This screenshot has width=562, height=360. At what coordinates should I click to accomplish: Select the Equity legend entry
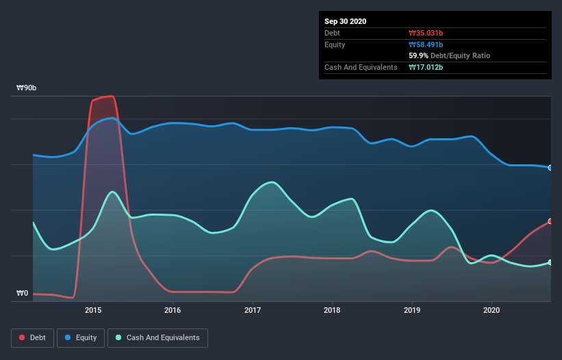coord(81,337)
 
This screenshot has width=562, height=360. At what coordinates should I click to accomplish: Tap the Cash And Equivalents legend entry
coord(157,337)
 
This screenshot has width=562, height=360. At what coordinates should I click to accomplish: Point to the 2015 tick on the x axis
coord(93,310)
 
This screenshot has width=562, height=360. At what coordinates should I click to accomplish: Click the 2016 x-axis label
coord(173,310)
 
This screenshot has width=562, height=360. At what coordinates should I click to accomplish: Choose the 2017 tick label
coord(253,310)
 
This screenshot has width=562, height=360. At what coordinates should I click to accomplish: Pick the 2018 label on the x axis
coord(332,310)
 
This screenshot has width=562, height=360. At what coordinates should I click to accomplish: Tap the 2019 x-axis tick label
coord(412,310)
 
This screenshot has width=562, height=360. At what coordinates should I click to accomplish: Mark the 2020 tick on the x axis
coord(491,310)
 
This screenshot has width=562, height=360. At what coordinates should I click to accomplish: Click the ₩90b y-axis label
coord(27,88)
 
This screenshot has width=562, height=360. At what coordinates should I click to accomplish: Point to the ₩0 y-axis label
coord(23,294)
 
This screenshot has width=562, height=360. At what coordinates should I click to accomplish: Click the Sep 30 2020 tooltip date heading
coord(345,21)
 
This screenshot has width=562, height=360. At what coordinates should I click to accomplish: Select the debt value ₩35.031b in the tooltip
coord(426,33)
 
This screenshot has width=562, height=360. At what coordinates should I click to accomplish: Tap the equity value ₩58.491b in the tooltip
coord(426,44)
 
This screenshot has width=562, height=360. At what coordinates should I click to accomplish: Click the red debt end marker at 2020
coord(550,221)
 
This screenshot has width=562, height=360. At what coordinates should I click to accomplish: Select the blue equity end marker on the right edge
coord(550,168)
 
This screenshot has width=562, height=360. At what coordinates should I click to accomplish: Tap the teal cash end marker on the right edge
coord(550,262)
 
